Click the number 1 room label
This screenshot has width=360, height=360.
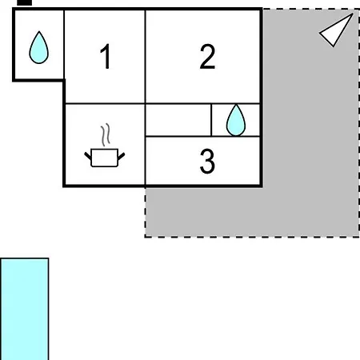106,56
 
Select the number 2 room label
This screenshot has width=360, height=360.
207,57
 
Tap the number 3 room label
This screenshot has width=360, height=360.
207,161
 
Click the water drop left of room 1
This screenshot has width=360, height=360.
39,47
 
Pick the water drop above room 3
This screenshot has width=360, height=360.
236,120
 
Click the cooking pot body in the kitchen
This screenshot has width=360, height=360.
105,158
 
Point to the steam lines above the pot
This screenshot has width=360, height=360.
106,134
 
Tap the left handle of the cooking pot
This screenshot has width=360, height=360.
88,156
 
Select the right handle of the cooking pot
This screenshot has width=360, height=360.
121,157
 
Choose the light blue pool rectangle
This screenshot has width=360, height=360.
24,309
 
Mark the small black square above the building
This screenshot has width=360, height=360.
24,2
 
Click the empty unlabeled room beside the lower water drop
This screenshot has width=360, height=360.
178,120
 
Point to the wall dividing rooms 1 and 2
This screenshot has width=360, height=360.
146,57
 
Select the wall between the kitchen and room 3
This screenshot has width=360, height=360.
146,161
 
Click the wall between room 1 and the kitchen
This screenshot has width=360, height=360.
105,103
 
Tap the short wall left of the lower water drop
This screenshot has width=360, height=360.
211,120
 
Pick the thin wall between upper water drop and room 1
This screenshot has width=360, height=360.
64,44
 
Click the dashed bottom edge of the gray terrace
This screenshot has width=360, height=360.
252,237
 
